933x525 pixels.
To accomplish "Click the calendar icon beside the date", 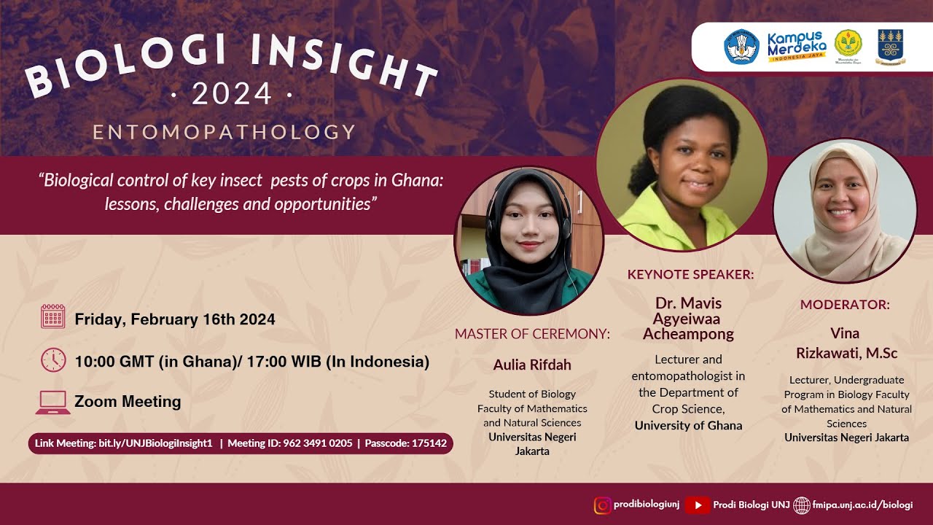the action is pyautogui.click(x=53, y=316).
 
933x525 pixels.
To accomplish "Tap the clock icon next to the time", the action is pyautogui.click(x=53, y=360).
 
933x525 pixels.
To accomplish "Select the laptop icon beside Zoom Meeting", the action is pyautogui.click(x=52, y=402).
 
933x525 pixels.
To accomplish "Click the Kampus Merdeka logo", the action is pyautogui.click(x=797, y=46).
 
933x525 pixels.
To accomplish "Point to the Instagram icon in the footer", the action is pyautogui.click(x=603, y=505).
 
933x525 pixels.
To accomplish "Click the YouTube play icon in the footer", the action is pyautogui.click(x=698, y=505).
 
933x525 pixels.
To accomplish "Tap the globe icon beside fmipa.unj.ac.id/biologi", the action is pyautogui.click(x=802, y=505).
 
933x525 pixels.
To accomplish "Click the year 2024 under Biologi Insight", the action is pyautogui.click(x=232, y=94).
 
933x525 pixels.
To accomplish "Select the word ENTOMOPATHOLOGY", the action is pyautogui.click(x=224, y=132).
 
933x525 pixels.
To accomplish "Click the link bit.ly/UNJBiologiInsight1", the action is pyautogui.click(x=155, y=443).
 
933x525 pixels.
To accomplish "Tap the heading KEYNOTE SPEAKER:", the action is pyautogui.click(x=690, y=275).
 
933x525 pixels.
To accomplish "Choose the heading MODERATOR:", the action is pyautogui.click(x=845, y=305).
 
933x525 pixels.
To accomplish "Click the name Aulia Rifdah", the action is pyautogui.click(x=532, y=365).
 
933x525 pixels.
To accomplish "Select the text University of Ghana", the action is pyautogui.click(x=689, y=425).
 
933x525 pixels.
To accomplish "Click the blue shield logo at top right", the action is pyautogui.click(x=891, y=46).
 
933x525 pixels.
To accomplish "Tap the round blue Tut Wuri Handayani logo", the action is pyautogui.click(x=741, y=46).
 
